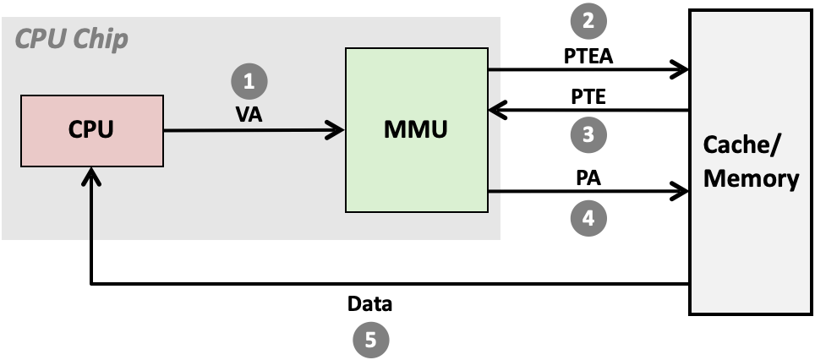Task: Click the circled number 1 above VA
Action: click(x=249, y=81)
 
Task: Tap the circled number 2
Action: click(x=588, y=21)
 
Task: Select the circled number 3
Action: click(x=588, y=134)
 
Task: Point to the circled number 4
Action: click(x=588, y=218)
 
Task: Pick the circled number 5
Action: click(x=370, y=341)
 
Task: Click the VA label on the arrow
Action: click(x=249, y=115)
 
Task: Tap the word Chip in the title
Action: click(x=101, y=40)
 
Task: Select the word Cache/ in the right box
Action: click(x=743, y=146)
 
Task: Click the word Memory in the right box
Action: click(x=751, y=178)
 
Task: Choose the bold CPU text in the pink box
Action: click(x=91, y=130)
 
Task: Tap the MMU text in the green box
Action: click(x=415, y=130)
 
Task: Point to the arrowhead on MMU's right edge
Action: click(x=495, y=110)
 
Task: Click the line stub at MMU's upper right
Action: click(x=495, y=68)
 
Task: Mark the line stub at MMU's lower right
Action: click(x=495, y=193)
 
